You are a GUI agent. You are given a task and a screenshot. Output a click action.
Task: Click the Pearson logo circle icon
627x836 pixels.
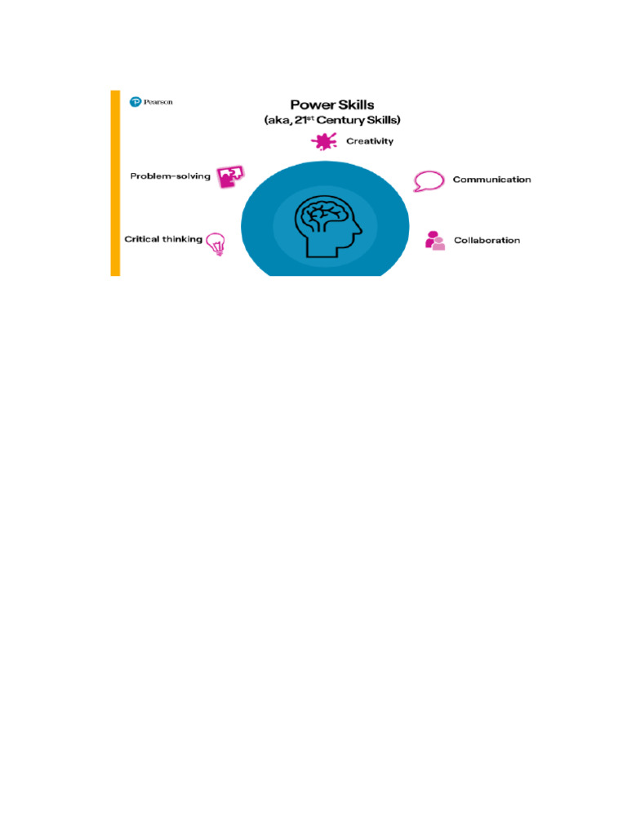(136, 102)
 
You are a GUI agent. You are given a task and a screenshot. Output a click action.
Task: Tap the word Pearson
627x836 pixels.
(158, 102)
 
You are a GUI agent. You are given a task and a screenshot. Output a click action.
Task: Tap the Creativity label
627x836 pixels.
(370, 141)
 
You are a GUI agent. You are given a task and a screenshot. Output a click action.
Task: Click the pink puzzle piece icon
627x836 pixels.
(229, 177)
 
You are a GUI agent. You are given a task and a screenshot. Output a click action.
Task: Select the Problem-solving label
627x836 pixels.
(171, 176)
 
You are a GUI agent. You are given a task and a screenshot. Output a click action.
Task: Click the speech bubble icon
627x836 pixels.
(428, 180)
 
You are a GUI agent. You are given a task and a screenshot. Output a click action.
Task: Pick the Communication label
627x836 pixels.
(491, 180)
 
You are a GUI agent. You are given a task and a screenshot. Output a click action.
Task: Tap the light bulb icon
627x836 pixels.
(216, 243)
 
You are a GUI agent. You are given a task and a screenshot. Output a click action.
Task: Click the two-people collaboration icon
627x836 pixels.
(435, 241)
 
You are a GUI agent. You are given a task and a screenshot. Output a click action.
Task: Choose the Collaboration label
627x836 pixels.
(487, 241)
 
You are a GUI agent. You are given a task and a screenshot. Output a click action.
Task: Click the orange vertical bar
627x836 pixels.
(115, 183)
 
